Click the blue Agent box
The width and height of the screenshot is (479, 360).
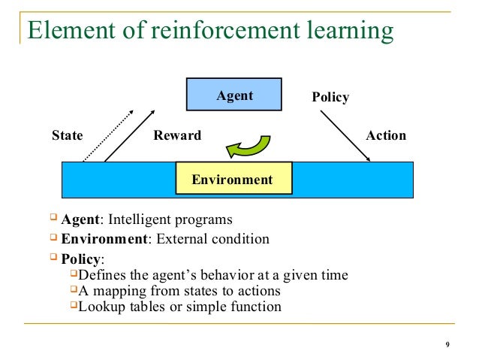coord(234,96)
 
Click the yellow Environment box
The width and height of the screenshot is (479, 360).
coord(233,180)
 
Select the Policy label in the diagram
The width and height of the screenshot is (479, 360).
coord(330,98)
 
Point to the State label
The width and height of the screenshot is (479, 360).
coord(67,136)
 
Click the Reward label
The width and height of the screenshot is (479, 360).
coord(177,136)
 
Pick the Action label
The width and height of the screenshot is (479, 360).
coord(385,136)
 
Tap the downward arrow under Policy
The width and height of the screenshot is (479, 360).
coord(345,136)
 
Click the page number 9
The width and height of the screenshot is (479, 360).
coord(447,346)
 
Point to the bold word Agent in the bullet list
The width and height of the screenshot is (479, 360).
coord(80,220)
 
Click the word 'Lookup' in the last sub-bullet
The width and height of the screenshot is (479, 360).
coord(101,307)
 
